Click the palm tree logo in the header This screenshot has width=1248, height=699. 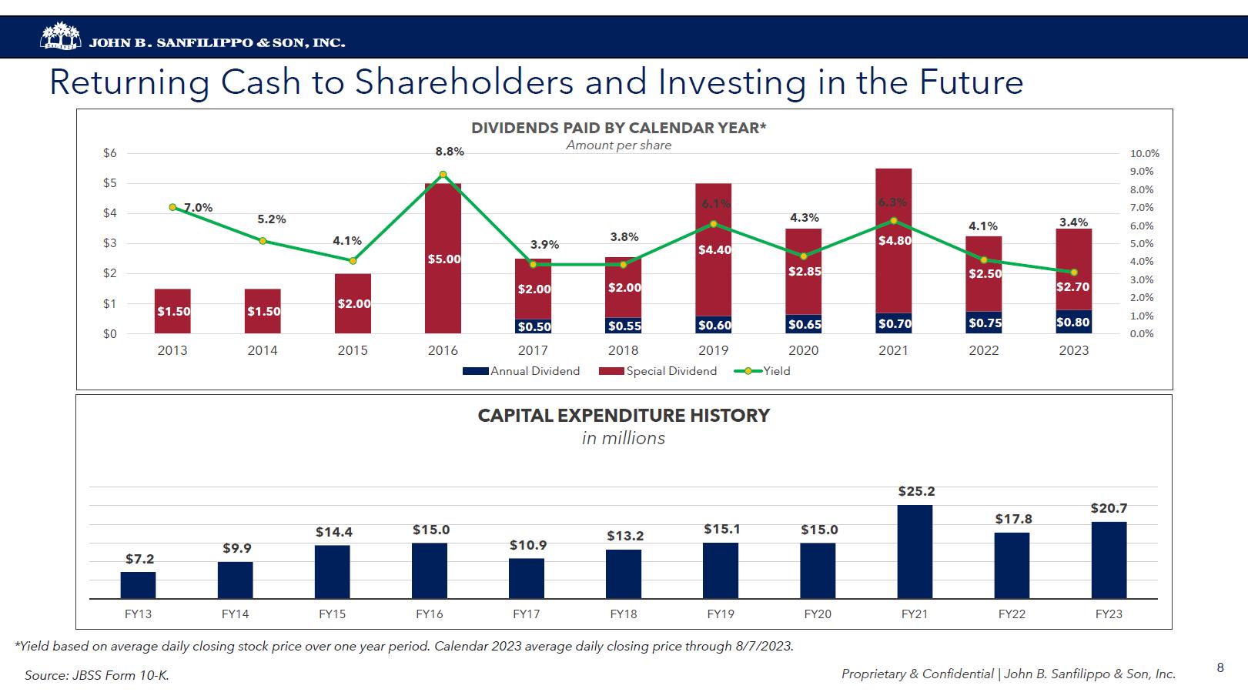pos(60,37)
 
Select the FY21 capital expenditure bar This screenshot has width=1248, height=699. pos(915,551)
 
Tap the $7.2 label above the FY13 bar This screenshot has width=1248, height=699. pos(139,559)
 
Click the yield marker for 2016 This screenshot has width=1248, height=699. pos(443,175)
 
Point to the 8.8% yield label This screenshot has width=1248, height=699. pos(450,152)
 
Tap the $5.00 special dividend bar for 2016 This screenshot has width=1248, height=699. pos(443,258)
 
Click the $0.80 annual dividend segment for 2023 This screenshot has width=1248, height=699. pos(1073,322)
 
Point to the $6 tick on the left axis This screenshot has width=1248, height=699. pos(110,153)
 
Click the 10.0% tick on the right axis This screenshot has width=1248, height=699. pos(1144,154)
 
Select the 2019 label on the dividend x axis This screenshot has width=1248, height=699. pos(713,350)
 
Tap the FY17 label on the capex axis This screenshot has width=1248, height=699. pos(527,614)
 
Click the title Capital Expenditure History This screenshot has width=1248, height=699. pos(624,416)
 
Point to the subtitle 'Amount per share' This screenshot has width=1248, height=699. pos(618,145)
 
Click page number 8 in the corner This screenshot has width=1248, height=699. pos(1220,668)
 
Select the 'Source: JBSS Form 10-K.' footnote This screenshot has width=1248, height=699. pos(97,675)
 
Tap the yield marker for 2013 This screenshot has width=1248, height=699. pos(172,207)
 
